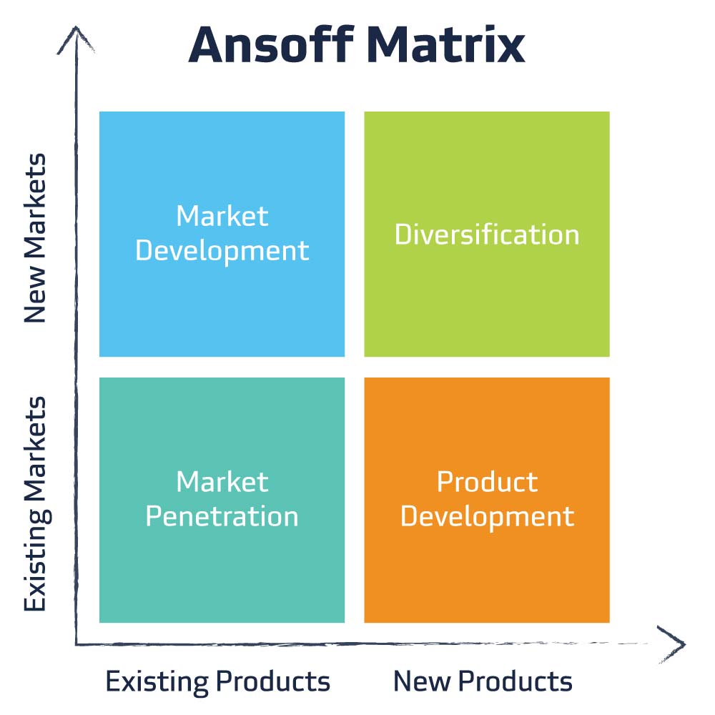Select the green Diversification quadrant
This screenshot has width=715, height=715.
point(487,300)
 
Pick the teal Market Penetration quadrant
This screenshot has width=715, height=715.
point(222,565)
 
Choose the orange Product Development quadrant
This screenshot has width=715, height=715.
point(487,565)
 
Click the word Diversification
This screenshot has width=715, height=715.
point(487,235)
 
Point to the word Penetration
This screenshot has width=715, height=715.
point(222,516)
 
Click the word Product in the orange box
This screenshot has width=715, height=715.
point(487,482)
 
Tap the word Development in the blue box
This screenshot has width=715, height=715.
point(222,251)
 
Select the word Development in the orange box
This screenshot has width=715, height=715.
point(487,516)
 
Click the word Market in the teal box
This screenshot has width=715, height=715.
point(222,482)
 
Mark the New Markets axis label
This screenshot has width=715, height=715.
point(35,238)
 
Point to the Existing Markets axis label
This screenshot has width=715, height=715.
point(35,505)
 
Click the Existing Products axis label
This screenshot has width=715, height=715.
point(218,681)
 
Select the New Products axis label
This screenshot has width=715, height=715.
point(483,681)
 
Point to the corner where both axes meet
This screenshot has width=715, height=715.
point(77,643)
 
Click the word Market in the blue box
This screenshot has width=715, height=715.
point(222,216)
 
